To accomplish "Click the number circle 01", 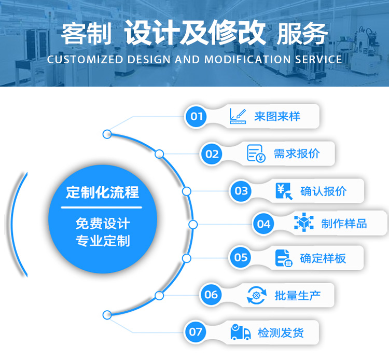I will [197, 116].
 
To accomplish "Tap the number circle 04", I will [264, 224].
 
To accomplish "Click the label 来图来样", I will [277, 116].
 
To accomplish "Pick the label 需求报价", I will [297, 154].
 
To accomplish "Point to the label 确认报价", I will [323, 191].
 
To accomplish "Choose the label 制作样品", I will [344, 224].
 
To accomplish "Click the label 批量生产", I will [297, 296].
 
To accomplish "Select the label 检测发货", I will [281, 333].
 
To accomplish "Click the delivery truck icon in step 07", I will [240, 332].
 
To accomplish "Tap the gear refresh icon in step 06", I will [256, 295].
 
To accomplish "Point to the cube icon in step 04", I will [303, 223].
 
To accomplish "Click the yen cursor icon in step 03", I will [284, 191].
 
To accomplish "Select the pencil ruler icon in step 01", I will [238, 116].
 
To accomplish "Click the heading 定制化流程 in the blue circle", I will [102, 193].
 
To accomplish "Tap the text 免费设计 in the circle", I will [102, 224].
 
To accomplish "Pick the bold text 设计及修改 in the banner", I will [195, 34].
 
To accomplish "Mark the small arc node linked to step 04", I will [193, 225].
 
